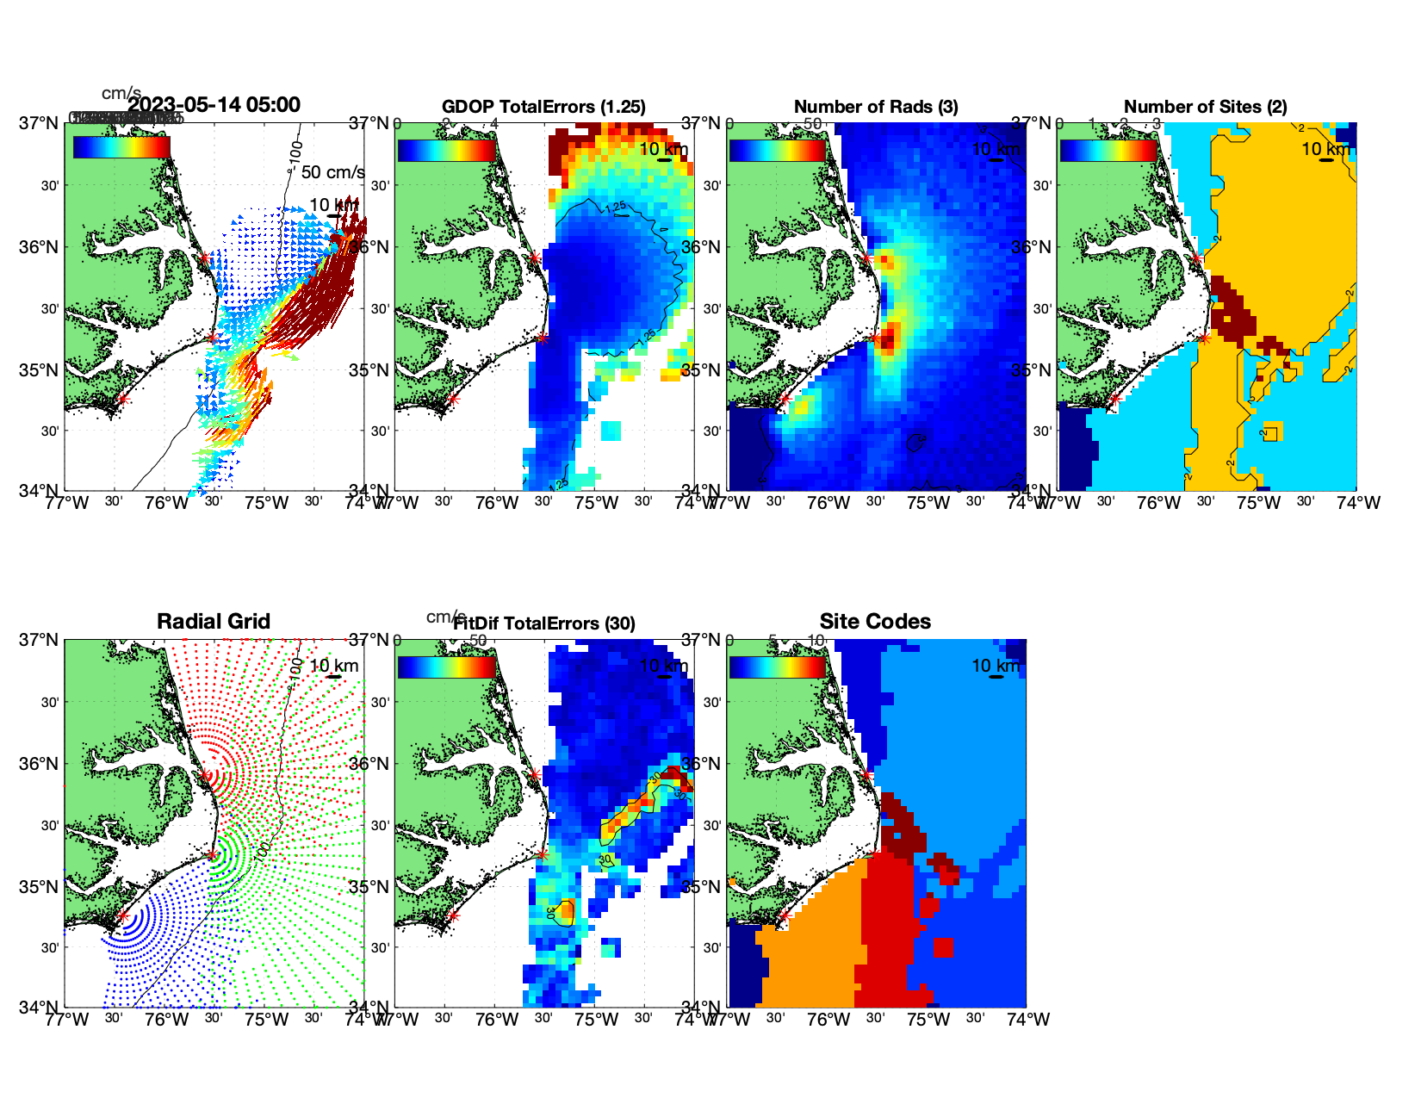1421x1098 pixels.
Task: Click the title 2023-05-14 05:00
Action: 214,105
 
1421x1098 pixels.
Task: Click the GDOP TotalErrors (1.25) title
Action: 543,107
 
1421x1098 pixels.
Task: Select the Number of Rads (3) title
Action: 876,107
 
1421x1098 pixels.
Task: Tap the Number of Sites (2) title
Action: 1206,107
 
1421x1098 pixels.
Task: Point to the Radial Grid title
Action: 214,622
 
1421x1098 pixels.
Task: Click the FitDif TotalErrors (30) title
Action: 544,623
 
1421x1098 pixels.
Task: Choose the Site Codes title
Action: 875,622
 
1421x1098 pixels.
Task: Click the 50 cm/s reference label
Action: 333,172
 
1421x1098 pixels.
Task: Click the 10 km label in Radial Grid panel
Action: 334,666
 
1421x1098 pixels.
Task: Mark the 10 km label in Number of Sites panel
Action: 1326,149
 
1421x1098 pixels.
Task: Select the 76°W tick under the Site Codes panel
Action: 828,1020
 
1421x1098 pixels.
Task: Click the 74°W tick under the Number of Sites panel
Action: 1358,503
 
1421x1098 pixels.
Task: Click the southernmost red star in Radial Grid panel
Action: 122,915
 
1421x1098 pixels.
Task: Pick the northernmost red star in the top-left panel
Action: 204,258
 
